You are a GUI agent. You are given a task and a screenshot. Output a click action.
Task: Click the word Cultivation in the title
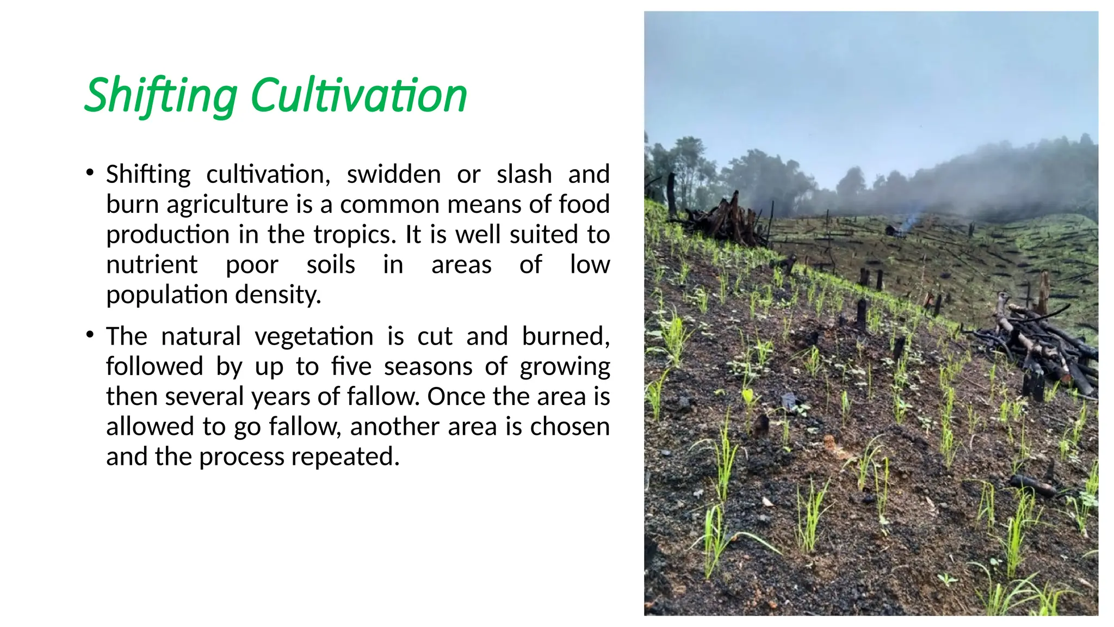pyautogui.click(x=358, y=96)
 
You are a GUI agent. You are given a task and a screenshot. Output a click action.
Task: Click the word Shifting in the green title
pyautogui.click(x=161, y=96)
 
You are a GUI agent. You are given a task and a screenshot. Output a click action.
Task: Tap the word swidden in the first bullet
pyautogui.click(x=393, y=175)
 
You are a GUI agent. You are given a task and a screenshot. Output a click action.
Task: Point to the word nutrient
pyautogui.click(x=152, y=265)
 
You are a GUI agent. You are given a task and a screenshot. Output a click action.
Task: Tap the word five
pyautogui.click(x=351, y=366)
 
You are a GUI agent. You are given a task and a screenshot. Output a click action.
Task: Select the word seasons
pyautogui.click(x=428, y=366)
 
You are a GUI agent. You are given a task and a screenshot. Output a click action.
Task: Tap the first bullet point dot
pyautogui.click(x=90, y=173)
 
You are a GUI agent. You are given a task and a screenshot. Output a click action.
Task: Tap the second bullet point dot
pyautogui.click(x=90, y=335)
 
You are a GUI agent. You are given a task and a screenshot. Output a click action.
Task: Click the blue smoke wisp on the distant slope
pyautogui.click(x=906, y=223)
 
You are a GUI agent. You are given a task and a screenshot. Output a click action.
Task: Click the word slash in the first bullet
pyautogui.click(x=524, y=175)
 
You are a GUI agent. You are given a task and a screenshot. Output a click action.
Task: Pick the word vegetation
pyautogui.click(x=314, y=336)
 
